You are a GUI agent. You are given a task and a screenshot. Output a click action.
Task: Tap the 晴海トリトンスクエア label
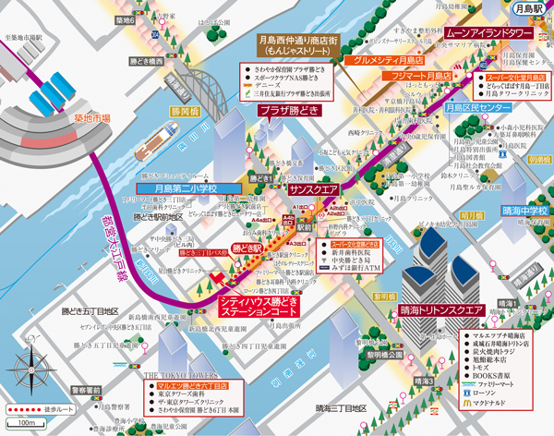click(x=441, y=309)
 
